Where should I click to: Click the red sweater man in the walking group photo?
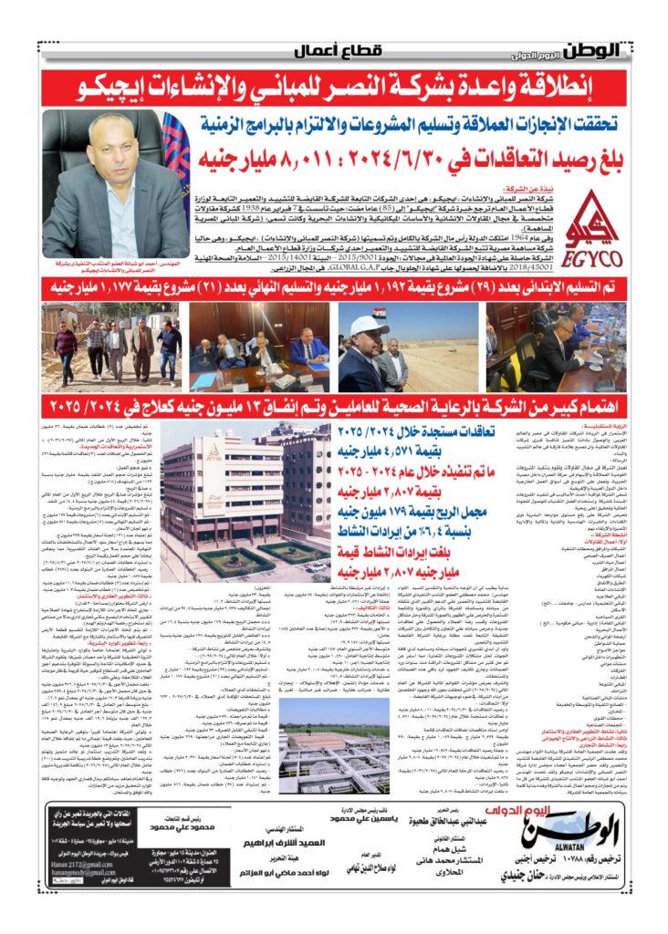[65, 341]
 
